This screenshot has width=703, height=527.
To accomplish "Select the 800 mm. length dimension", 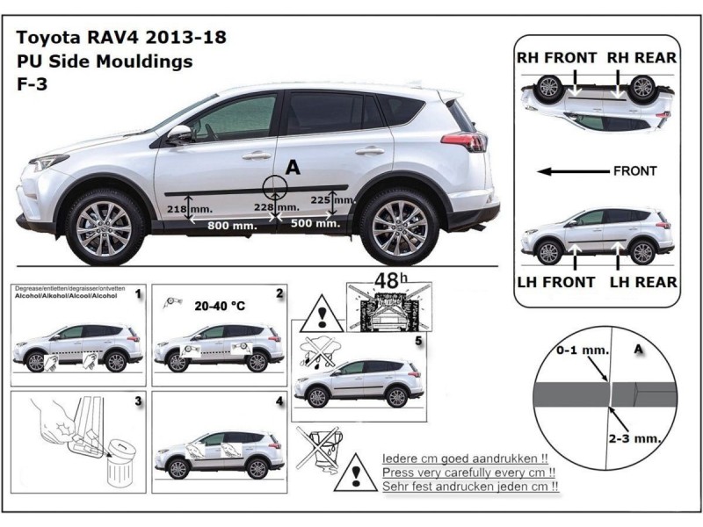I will [x=232, y=226].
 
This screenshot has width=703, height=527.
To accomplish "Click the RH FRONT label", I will [x=556, y=58].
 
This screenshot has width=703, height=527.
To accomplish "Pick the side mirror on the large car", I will [x=180, y=133].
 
